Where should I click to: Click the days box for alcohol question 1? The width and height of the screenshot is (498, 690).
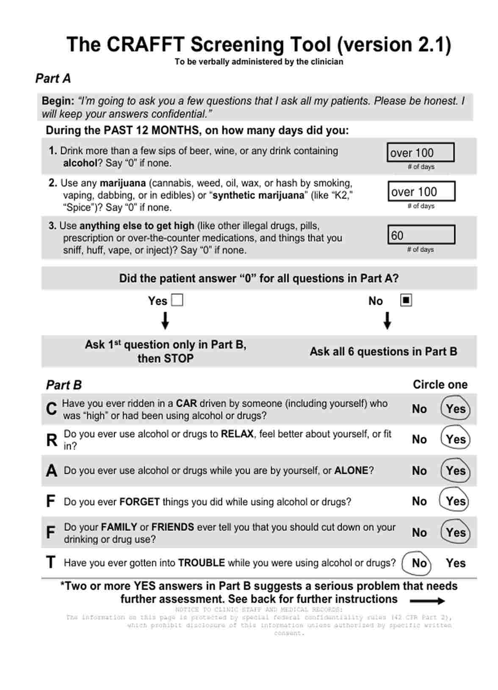coord(420,152)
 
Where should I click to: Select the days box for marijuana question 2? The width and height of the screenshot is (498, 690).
coord(421,191)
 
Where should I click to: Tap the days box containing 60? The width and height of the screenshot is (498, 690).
coord(421,235)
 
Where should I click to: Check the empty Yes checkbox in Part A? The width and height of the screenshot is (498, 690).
coord(177,301)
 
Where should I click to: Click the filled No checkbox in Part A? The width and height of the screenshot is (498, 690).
coord(406,301)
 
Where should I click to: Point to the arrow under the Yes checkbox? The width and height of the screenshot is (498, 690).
coord(165,321)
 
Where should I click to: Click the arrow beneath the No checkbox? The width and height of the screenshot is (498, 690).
coord(387,321)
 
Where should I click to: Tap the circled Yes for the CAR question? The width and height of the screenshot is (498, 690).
coord(455,408)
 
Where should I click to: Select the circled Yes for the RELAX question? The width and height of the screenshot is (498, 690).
coord(455,439)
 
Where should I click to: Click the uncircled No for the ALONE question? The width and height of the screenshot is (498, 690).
coord(419,471)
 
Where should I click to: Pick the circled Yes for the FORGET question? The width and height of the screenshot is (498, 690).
coord(455,501)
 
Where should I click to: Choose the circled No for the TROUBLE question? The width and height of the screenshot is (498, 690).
coord(418,563)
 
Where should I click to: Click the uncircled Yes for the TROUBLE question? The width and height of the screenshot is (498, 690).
coord(455,563)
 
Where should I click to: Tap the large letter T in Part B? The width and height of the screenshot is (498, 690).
coord(51,563)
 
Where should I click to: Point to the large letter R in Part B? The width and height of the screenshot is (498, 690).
coord(51,440)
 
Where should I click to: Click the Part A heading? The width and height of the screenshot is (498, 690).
coord(53,79)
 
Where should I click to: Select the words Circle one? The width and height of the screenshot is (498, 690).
coord(440,384)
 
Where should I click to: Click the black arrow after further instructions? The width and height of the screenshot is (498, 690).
coord(427,601)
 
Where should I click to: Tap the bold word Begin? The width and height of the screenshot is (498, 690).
coord(58,101)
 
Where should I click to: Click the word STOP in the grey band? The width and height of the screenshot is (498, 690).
coord(178,359)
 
